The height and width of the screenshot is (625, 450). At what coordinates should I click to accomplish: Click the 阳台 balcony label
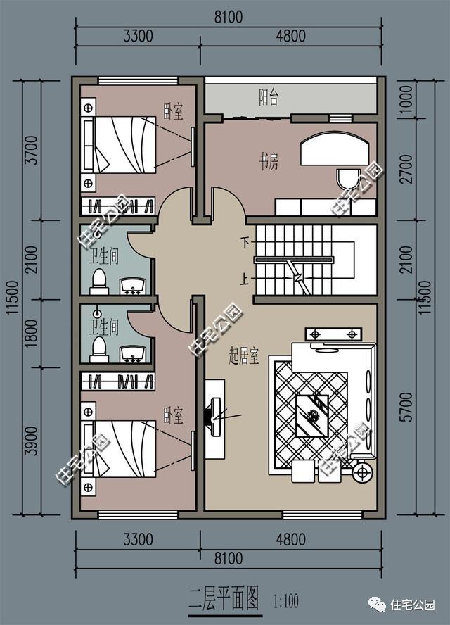[x=269, y=97]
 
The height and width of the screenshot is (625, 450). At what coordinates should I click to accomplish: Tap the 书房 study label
[x=269, y=161]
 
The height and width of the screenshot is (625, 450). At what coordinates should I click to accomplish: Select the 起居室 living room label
[x=244, y=355]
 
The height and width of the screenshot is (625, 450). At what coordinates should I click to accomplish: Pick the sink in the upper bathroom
[x=133, y=286]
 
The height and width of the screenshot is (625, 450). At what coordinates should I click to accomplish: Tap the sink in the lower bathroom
[x=133, y=354]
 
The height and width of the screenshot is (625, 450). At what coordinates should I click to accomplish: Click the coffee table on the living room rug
[x=311, y=416]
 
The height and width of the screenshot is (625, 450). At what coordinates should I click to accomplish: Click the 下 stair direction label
[x=245, y=242]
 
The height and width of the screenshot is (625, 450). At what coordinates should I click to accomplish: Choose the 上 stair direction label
[x=245, y=279]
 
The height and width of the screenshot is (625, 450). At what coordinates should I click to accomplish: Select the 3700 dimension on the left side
[x=31, y=150]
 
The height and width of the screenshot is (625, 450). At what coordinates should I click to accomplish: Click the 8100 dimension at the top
[x=229, y=18]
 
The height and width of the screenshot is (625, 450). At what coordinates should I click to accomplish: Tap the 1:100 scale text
[x=286, y=600]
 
